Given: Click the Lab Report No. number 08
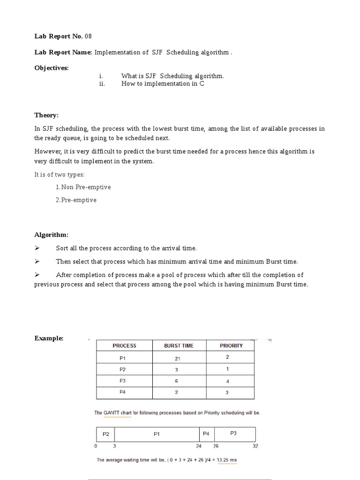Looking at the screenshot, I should (x=88, y=36).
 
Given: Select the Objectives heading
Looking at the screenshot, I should (x=52, y=68).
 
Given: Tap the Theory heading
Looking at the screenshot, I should (x=46, y=115).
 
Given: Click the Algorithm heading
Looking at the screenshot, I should (x=51, y=235).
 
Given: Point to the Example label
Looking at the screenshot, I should (x=49, y=338).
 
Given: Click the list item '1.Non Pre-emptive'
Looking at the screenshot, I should (x=83, y=187).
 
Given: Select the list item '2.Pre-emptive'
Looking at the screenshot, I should (x=76, y=200).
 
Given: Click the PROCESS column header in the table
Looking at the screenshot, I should (x=124, y=346).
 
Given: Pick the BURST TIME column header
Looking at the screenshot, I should (x=179, y=346).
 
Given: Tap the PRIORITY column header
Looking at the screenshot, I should (x=231, y=346).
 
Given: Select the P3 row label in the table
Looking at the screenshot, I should (x=123, y=381).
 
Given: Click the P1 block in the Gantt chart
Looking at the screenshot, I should (x=157, y=434).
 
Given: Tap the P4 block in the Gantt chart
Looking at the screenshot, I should (x=206, y=434).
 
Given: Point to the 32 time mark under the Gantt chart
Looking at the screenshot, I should (x=255, y=446).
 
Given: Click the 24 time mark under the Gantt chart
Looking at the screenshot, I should (x=199, y=446).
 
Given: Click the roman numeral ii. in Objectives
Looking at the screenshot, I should (x=102, y=84).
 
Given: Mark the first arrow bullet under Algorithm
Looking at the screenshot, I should (x=37, y=248).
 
